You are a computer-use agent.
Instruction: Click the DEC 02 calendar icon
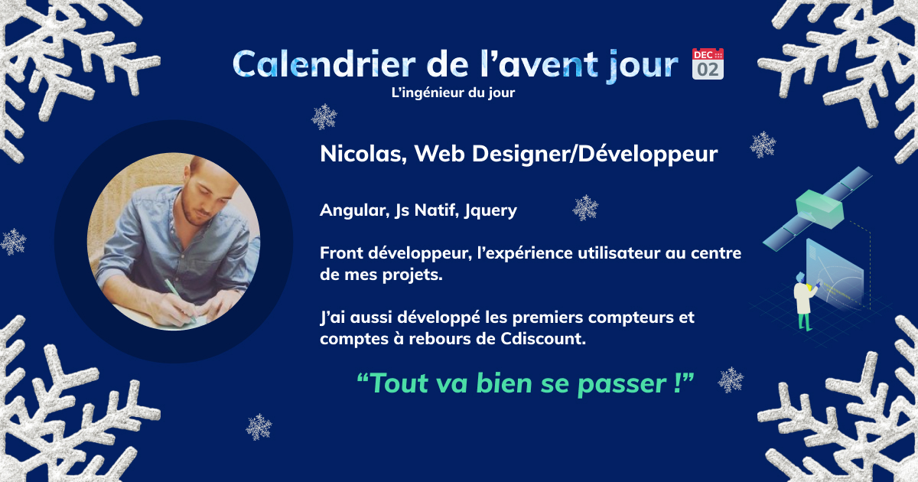708,64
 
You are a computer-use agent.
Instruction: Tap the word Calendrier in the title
324,64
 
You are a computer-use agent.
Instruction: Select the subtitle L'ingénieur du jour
453,93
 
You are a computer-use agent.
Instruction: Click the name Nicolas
363,154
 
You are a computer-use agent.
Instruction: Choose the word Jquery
490,210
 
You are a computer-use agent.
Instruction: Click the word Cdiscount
543,338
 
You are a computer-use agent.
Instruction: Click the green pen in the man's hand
180,299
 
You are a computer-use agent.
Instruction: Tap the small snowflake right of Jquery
585,208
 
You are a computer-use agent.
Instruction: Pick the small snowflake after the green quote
731,380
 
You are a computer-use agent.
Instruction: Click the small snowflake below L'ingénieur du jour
324,117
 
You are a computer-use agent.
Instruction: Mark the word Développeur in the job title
647,155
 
